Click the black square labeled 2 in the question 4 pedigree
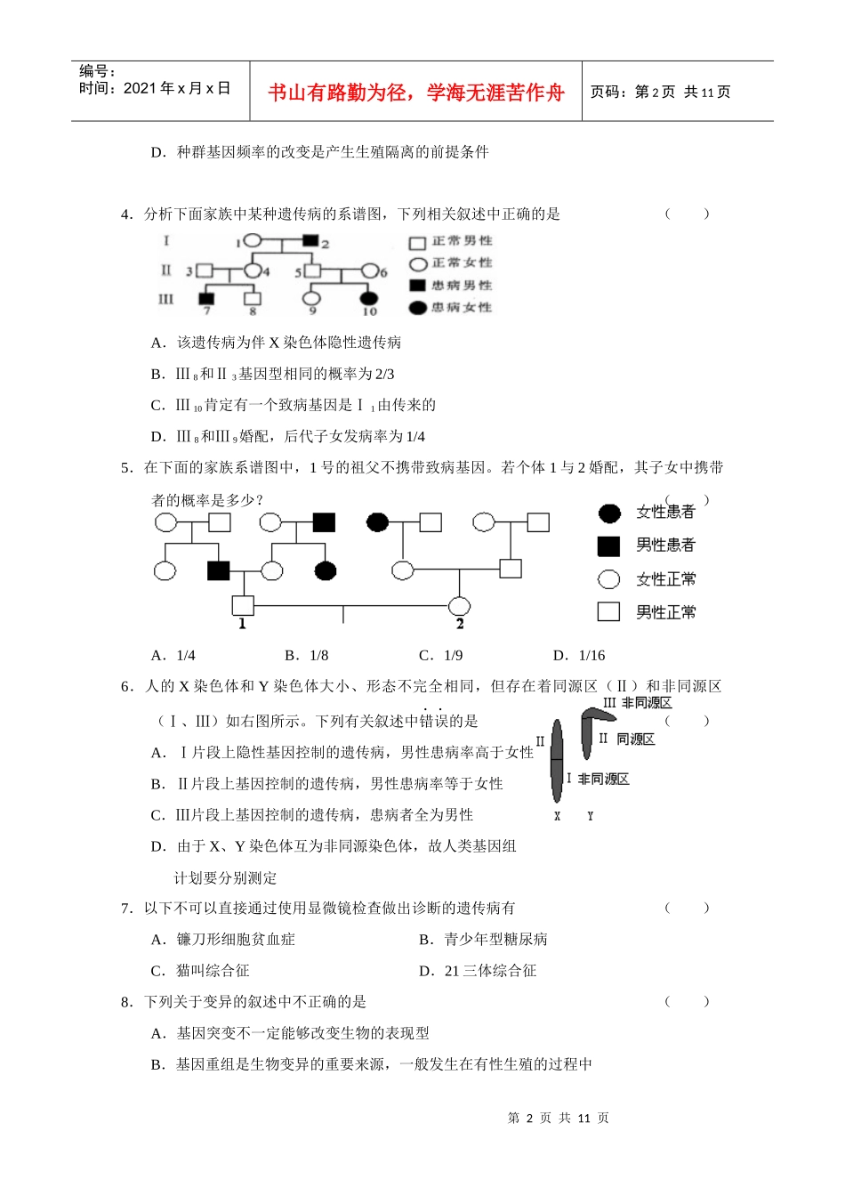[x=310, y=240]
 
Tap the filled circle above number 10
[x=368, y=298]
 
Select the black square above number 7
[x=206, y=298]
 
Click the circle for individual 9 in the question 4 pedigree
[x=311, y=298]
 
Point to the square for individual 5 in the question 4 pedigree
[x=312, y=271]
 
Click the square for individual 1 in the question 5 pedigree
[x=242, y=605]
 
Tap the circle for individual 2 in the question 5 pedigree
[x=459, y=606]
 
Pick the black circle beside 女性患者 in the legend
[x=609, y=512]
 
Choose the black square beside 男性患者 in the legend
[x=608, y=545]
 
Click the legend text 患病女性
[x=462, y=308]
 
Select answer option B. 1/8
[x=307, y=656]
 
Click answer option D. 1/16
[x=579, y=656]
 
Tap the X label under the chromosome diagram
[x=558, y=816]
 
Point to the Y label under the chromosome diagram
[x=590, y=816]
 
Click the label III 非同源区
[x=638, y=703]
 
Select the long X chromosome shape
[x=558, y=761]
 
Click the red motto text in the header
[x=415, y=93]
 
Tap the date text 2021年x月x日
[x=177, y=88]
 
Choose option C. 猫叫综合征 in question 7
[x=200, y=971]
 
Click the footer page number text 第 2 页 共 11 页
[x=559, y=1119]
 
